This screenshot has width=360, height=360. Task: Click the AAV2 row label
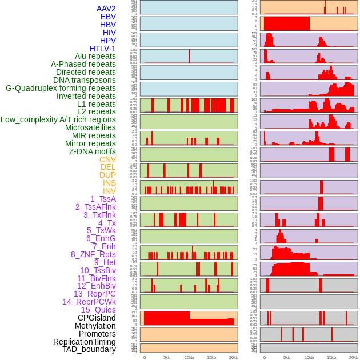pyautogui.click(x=106, y=9)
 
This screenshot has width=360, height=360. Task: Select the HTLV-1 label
pyautogui.click(x=102, y=49)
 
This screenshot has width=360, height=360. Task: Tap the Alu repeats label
pyautogui.click(x=95, y=56)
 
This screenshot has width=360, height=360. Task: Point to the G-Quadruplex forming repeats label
pyautogui.click(x=61, y=88)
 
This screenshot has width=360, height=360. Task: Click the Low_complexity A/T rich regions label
pyautogui.click(x=58, y=119)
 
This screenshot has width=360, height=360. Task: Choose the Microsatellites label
pyautogui.click(x=90, y=127)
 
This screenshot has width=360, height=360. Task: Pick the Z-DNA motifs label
pyautogui.click(x=92, y=151)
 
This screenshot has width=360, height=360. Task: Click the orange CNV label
pyautogui.click(x=107, y=159)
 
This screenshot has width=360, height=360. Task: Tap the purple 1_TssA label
pyautogui.click(x=103, y=199)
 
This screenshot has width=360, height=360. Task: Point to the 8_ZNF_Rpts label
pyautogui.click(x=93, y=254)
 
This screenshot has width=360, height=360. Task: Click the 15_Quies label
pyautogui.click(x=98, y=310)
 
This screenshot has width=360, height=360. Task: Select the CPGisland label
pyautogui.click(x=97, y=318)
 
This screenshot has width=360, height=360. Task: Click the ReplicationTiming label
pyautogui.click(x=85, y=342)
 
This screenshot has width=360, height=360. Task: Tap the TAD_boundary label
pyautogui.click(x=89, y=349)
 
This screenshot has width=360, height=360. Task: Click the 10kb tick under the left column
pyautogui.click(x=189, y=357)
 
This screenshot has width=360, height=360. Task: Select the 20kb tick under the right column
pyautogui.click(x=353, y=357)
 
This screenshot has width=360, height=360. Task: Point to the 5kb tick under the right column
pyautogui.click(x=286, y=357)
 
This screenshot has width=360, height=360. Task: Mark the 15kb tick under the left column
pyautogui.click(x=211, y=357)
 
